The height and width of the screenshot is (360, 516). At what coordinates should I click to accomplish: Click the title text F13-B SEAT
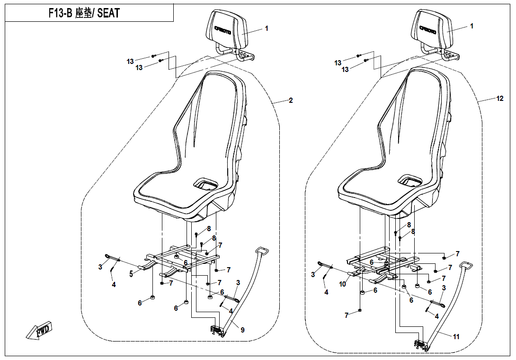point(84,13)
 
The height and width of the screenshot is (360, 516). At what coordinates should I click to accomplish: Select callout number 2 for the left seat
point(291,100)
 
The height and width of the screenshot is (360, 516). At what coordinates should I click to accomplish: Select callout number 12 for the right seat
point(500,99)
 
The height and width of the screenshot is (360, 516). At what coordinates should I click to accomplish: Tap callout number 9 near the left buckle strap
point(243,330)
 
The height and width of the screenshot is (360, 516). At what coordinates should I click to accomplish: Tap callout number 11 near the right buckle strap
point(456,337)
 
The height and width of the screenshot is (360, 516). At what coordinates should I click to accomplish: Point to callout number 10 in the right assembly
point(343,284)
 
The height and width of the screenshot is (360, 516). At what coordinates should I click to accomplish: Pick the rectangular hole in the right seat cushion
point(410,180)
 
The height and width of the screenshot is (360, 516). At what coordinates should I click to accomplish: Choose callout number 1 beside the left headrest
point(267,28)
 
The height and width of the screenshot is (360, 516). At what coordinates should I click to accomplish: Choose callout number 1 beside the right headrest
point(472,27)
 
